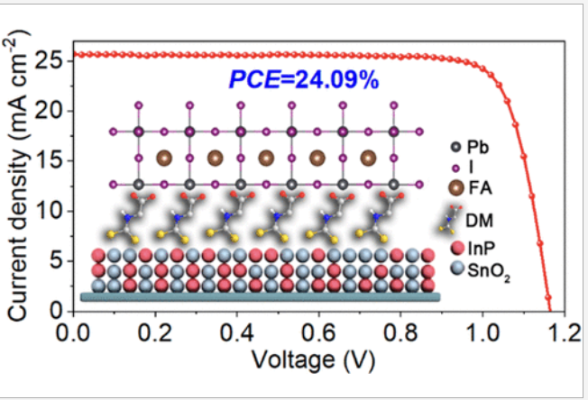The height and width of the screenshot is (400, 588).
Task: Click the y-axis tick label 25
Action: [46, 61]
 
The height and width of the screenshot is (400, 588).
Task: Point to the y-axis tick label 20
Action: [46, 111]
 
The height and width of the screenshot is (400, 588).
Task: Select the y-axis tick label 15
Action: [46, 161]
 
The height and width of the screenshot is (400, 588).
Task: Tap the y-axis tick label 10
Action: [46, 212]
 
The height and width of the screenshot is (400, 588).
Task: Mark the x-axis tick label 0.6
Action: [320, 334]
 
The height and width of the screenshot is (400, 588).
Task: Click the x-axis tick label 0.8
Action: [402, 334]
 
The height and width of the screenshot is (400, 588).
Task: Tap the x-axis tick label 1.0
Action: [484, 334]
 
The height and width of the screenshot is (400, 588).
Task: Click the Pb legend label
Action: [478, 148]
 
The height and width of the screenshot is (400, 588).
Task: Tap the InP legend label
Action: [480, 250]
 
